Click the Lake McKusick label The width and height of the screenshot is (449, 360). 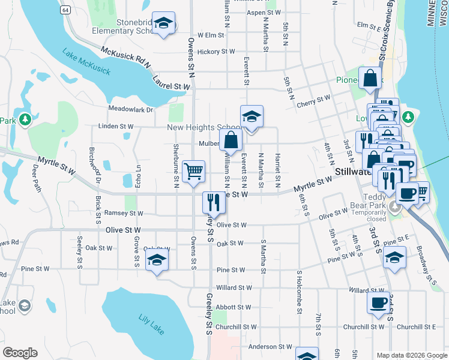coord(86,62)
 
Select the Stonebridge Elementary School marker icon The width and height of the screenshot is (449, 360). coord(163,24)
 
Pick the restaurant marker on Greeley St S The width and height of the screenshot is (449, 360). coord(212,202)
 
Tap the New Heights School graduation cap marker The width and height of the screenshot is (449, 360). coord(252,117)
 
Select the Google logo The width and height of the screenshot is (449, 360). coord(20,353)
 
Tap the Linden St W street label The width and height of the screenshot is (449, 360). coord(116,127)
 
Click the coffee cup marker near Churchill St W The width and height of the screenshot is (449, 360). coord(379,303)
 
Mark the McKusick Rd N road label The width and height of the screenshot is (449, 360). coord(125,58)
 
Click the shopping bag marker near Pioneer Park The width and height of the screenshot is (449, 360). coord(371,79)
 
